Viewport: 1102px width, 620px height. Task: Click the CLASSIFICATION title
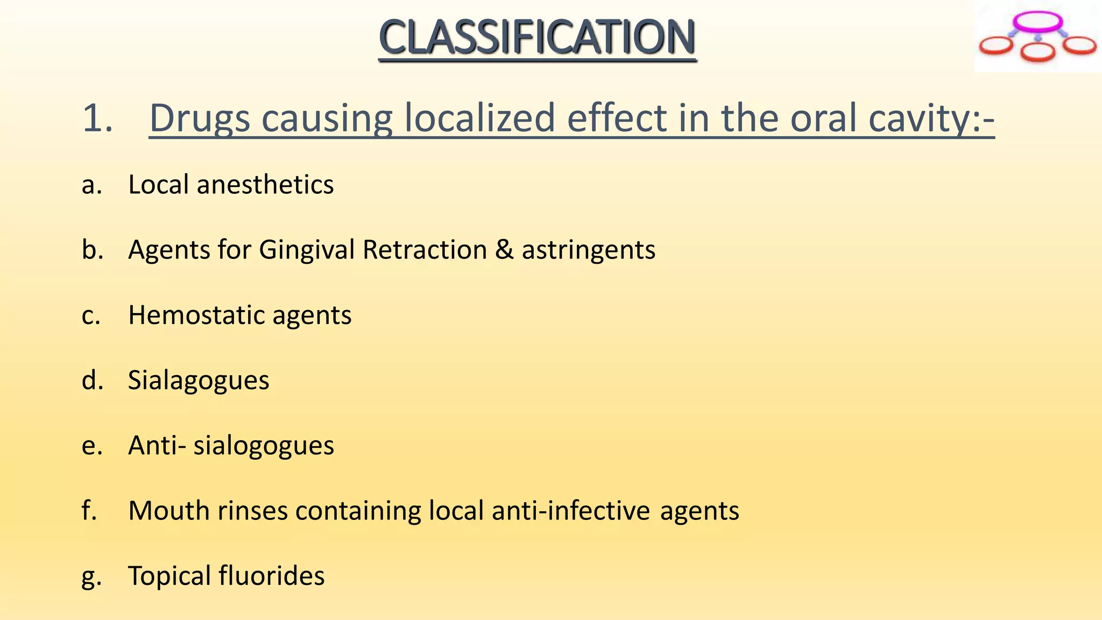537,38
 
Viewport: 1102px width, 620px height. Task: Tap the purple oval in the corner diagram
1037,22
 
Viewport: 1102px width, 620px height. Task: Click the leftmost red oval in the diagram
996,46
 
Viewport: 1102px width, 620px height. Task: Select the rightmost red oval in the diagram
1079,45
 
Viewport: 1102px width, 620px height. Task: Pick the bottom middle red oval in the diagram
1037,53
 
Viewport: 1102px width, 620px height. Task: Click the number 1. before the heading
97,118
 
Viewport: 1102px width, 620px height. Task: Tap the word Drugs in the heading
199,118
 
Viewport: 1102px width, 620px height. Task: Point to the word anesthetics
265,185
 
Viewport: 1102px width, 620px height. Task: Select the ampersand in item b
504,250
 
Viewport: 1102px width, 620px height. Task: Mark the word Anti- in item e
157,445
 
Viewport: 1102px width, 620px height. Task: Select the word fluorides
272,575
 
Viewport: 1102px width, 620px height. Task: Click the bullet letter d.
91,380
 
